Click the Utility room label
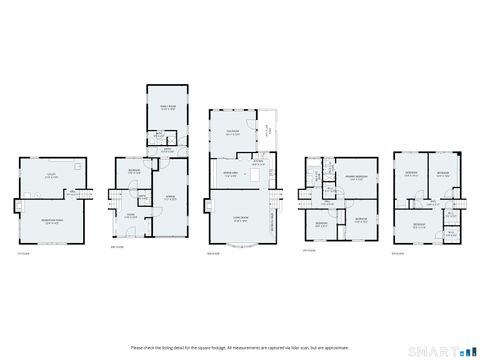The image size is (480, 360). coord(50,176)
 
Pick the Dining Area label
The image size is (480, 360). coord(230,176)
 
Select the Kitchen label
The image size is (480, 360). coord(258,162)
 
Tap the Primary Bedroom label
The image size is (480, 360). coord(356,179)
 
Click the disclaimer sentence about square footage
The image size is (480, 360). coord(240,348)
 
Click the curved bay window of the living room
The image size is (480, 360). coord(243,243)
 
